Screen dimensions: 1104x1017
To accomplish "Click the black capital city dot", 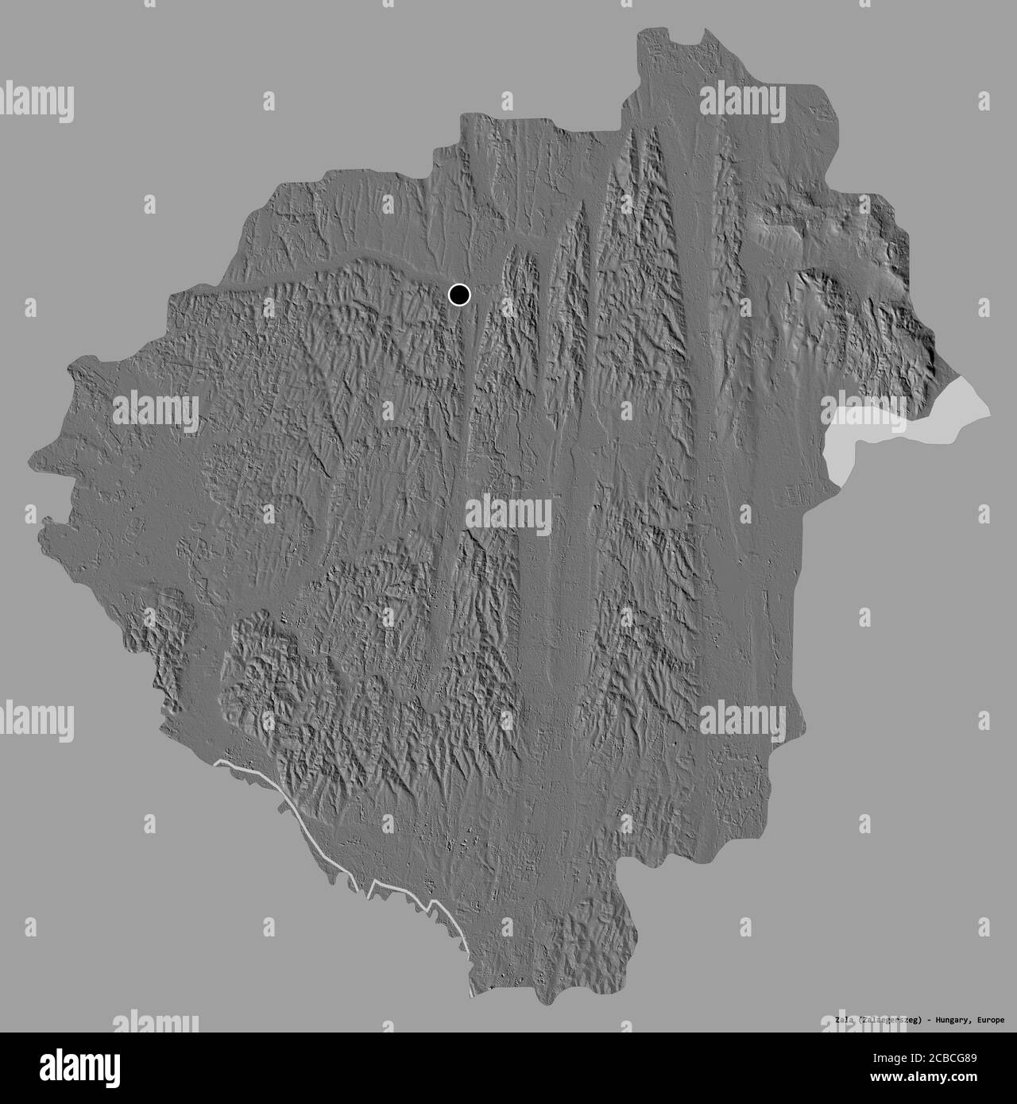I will (459, 295).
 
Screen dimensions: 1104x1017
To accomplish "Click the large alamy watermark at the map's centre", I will (508, 515).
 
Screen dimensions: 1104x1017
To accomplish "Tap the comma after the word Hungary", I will (973, 1021).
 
